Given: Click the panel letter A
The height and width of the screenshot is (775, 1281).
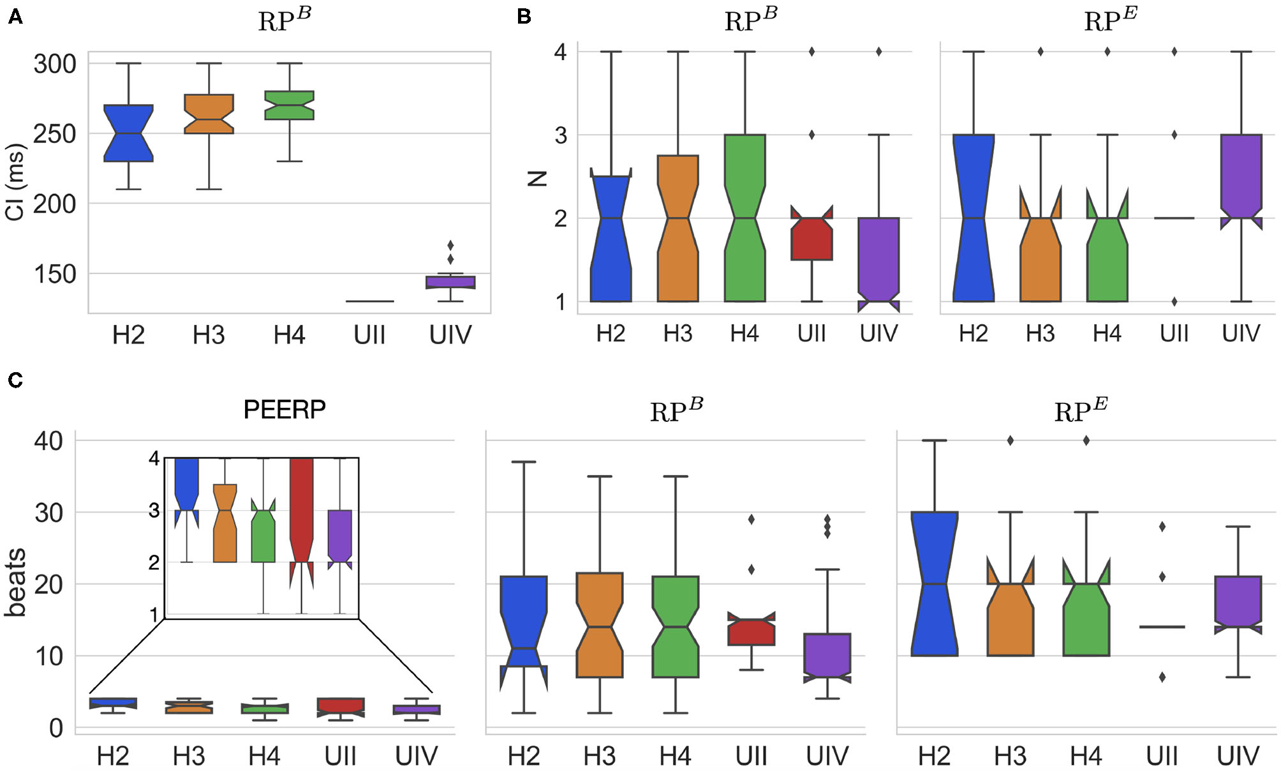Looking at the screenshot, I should (x=15, y=17).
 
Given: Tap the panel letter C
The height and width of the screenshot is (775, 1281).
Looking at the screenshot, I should (x=15, y=380).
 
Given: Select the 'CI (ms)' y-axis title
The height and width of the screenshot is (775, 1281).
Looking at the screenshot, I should (x=15, y=182).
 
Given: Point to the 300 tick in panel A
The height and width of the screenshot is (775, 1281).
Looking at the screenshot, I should (x=55, y=64).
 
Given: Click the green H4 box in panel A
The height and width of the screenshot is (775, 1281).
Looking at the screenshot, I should (x=289, y=105).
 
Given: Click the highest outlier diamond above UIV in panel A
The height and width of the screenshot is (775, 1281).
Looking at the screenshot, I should (x=450, y=245).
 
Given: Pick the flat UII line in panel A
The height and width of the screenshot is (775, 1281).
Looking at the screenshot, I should (x=369, y=301).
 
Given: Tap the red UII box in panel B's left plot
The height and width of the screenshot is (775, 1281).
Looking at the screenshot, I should (x=811, y=239).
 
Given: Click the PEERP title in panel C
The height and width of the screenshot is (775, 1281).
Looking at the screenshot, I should (x=285, y=409).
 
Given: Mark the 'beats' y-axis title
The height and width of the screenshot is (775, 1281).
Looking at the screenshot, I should (x=15, y=582).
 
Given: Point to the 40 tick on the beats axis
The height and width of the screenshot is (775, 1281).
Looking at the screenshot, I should (x=48, y=441).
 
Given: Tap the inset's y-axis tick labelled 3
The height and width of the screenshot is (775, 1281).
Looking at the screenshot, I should (x=154, y=511).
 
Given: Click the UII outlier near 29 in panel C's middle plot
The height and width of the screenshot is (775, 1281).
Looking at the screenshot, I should (x=751, y=519).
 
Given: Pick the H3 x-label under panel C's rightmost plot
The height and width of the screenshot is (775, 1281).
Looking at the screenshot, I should (x=1010, y=756).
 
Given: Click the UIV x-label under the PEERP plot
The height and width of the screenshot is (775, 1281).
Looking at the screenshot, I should (x=416, y=756).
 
